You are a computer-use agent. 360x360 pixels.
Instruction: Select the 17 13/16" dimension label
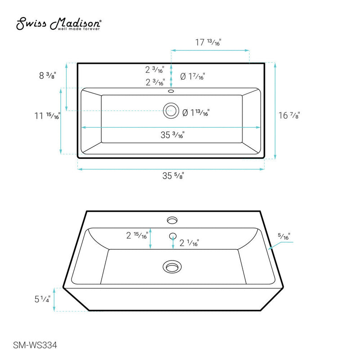208,43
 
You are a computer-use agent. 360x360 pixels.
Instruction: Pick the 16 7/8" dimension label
289,116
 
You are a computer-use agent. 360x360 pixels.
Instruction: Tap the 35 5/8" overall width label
173,176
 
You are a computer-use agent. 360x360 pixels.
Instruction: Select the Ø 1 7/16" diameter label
192,77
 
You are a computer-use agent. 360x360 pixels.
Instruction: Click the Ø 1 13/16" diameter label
196,113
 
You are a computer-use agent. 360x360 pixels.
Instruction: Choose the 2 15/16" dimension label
137,234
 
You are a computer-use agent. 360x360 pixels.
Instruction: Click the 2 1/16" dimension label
189,243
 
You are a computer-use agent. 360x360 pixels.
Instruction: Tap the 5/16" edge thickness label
284,235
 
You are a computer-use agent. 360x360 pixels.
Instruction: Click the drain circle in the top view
171,110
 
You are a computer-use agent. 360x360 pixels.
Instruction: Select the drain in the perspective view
171,267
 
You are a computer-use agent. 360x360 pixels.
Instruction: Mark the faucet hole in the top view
171,91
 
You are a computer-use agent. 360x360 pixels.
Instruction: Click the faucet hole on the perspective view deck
171,220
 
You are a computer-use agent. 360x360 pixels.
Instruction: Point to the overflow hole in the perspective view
172,235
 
